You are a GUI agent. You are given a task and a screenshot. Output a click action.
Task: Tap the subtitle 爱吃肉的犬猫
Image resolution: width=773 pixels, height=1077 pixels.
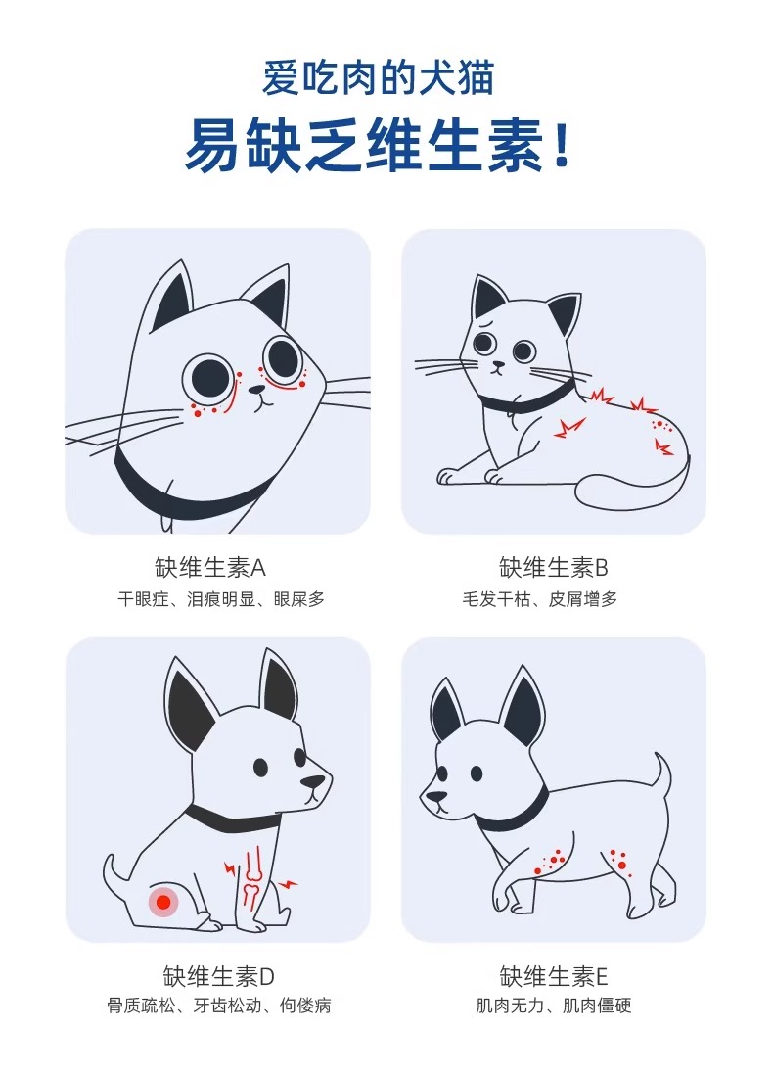378,78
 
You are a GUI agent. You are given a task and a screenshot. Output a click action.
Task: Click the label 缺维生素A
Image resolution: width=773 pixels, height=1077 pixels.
210,568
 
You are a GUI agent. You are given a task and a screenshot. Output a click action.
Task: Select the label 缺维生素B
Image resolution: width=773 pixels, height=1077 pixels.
554,568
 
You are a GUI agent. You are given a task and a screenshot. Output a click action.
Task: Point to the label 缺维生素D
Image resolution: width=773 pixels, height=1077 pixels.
218,976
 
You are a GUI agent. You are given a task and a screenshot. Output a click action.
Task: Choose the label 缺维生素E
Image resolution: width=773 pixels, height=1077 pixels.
554,976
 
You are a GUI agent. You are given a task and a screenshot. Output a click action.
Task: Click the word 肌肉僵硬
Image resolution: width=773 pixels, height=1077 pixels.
600,1007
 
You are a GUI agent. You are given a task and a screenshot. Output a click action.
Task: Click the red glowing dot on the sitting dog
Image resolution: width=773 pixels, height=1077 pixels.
163,902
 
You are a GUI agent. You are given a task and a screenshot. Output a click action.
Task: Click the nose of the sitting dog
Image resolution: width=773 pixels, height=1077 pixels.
311,783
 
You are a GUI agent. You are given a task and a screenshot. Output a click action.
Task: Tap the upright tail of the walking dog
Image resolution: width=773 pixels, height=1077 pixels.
663,773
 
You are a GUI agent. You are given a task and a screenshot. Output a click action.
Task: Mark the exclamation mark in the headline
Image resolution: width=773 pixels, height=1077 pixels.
561,146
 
